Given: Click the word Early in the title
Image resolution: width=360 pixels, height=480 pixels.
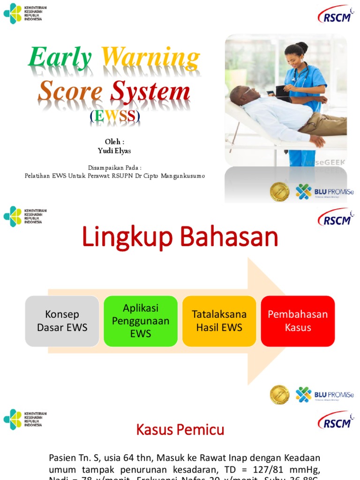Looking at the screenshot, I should [60, 58].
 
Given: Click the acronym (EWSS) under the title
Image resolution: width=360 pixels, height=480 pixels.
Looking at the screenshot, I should [115, 117].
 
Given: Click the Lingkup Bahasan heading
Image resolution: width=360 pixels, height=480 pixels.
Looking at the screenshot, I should [180, 238].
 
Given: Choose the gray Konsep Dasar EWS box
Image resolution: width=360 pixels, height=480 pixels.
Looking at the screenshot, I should [62, 321].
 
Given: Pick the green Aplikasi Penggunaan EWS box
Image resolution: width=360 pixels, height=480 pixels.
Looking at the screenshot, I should [141, 321].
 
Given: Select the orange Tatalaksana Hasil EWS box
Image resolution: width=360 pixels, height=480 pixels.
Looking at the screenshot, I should [219, 321].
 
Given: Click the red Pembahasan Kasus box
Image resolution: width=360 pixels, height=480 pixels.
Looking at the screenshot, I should [298, 321].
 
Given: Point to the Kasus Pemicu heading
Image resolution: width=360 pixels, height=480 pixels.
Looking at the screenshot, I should [180, 429].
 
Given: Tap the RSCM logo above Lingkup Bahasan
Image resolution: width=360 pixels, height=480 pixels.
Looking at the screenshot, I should [336, 217].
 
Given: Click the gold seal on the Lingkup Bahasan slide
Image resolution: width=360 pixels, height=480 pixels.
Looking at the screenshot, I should [280, 395].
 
